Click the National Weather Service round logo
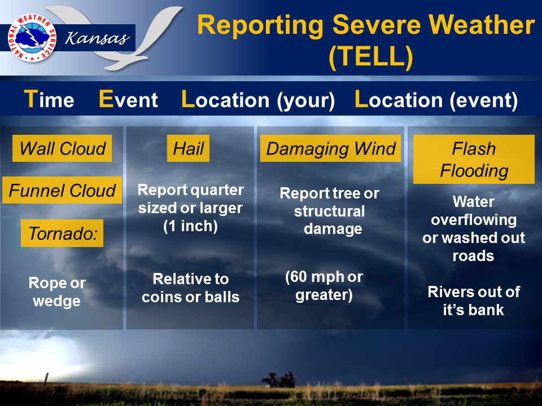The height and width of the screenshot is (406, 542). point(32,38)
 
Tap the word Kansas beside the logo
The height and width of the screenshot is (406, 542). point(98,38)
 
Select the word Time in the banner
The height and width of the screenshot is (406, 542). point(49,99)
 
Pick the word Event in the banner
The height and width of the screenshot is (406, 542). point(128,99)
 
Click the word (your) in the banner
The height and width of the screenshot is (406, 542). point(306,101)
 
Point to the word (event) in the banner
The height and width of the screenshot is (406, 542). point(484,101)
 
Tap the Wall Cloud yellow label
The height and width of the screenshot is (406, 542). point(62,148)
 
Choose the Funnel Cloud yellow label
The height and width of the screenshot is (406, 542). point(62,190)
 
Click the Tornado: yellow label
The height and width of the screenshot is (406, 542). point(62,233)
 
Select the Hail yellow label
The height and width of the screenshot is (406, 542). point(189,148)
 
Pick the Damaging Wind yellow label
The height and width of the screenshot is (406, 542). point(330,148)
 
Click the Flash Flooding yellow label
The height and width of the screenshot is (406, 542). point(474,159)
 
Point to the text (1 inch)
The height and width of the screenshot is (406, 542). point(190,227)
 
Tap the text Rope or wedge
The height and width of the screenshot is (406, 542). point(57,292)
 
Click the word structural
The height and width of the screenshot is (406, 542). point(329,211)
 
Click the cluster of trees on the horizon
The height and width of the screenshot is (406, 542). point(279,379)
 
